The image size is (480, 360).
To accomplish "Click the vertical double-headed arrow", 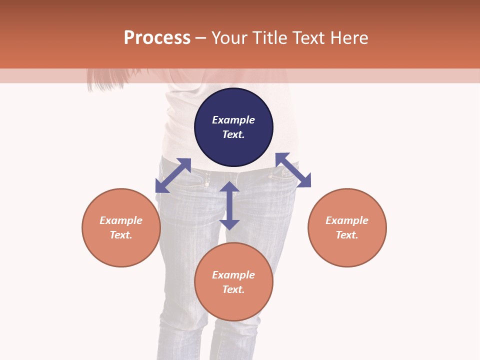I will [x=229, y=205].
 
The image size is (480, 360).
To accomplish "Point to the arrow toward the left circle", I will [x=173, y=175].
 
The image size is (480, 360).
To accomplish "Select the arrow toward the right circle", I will [x=293, y=170].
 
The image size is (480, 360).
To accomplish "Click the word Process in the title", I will [x=157, y=38].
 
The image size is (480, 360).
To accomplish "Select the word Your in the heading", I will [x=229, y=38].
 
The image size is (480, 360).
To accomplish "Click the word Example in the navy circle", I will [x=233, y=120].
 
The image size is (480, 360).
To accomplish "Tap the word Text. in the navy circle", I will [x=233, y=134].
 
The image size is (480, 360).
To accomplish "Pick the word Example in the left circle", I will [x=121, y=220].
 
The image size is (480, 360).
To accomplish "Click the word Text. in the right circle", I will [x=347, y=235].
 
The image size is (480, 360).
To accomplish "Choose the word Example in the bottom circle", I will [x=233, y=275].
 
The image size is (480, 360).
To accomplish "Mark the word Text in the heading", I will [x=308, y=38].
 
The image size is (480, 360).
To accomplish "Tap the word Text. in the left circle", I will [x=121, y=235].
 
